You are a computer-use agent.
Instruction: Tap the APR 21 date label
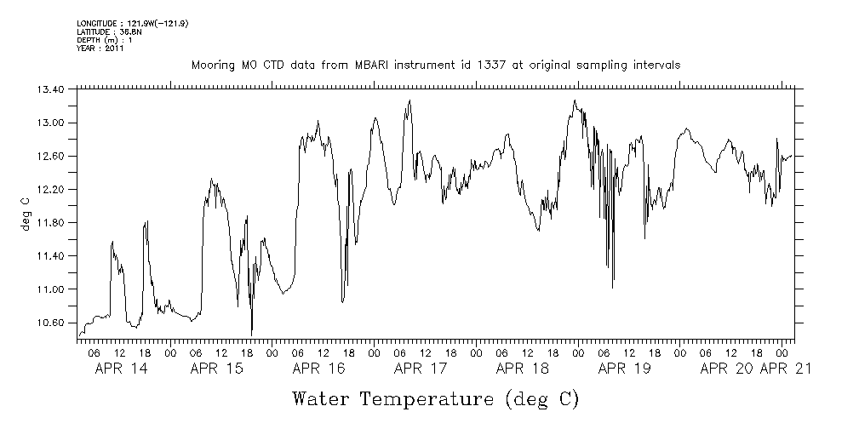point(785,369)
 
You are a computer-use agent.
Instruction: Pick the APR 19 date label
point(625,369)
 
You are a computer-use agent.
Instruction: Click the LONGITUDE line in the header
point(132,23)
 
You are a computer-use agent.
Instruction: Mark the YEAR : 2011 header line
point(100,49)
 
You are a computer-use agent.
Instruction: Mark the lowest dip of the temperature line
point(252,334)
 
